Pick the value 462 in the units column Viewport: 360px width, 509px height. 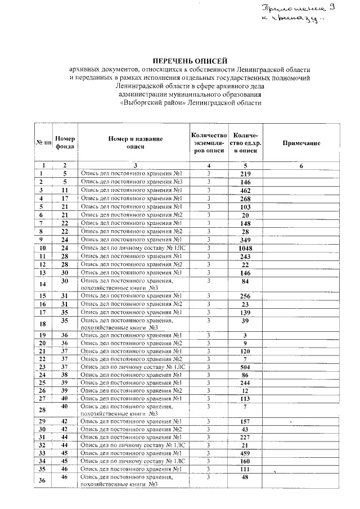pyautogui.click(x=245, y=191)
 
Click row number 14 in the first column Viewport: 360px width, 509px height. pyautogui.click(x=42, y=284)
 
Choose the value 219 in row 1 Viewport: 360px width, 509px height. pyautogui.click(x=245, y=174)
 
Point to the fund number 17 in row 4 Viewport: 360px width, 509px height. pyautogui.click(x=65, y=199)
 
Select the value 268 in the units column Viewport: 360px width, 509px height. pyautogui.click(x=245, y=199)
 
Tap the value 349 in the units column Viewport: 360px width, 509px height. pyautogui.click(x=245, y=240)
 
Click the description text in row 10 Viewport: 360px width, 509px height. pyautogui.click(x=133, y=248)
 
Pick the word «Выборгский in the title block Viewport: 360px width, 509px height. pyautogui.click(x=142, y=103)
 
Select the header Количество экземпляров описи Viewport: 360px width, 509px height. pyautogui.click(x=209, y=143)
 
